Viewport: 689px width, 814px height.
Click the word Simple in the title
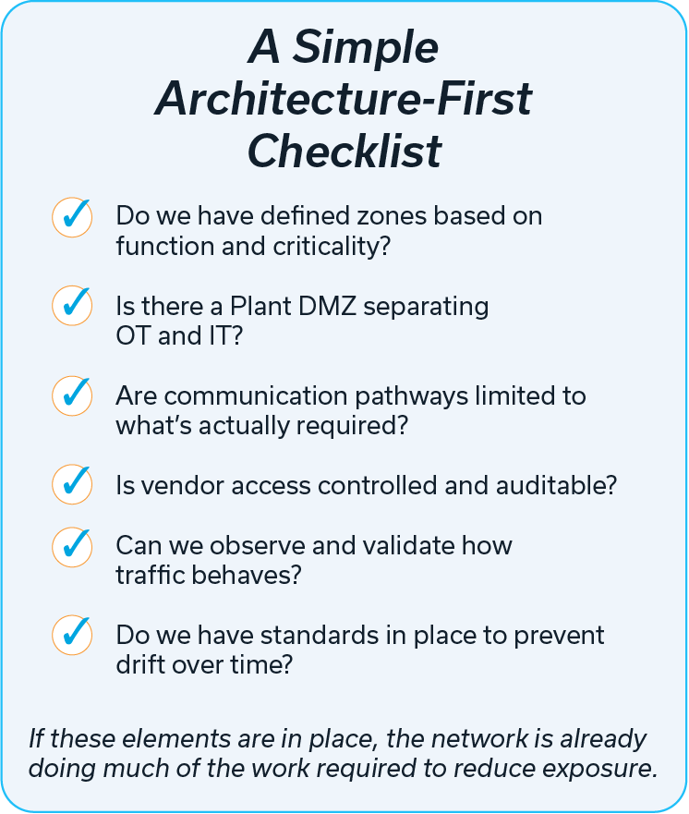click(x=367, y=48)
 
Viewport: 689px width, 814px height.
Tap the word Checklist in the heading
click(x=344, y=151)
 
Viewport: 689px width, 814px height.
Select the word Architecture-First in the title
click(x=344, y=99)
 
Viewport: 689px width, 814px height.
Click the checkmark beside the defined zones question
click(x=72, y=217)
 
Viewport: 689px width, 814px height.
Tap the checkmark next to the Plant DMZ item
click(x=72, y=306)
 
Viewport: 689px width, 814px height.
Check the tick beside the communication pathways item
click(x=72, y=395)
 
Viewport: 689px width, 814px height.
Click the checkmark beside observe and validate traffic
click(x=72, y=546)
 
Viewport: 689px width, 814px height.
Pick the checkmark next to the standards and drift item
click(x=72, y=635)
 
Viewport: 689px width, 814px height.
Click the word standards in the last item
click(x=313, y=636)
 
